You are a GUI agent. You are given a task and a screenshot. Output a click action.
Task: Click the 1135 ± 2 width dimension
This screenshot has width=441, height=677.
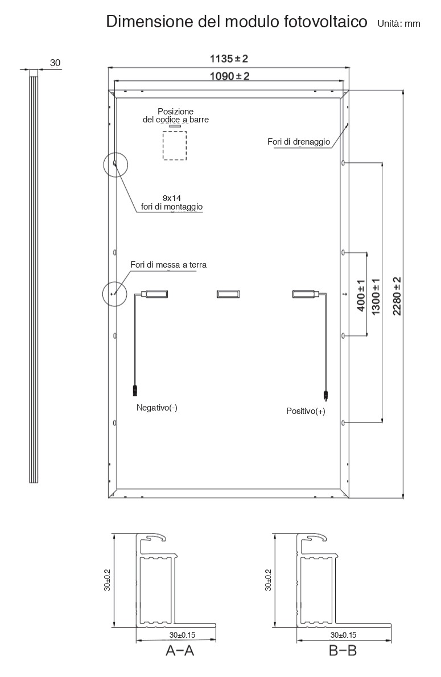click(229, 58)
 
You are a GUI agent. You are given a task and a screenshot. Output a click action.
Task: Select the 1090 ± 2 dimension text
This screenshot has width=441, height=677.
click(229, 76)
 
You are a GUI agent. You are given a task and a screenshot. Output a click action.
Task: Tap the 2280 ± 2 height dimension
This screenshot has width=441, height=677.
click(397, 296)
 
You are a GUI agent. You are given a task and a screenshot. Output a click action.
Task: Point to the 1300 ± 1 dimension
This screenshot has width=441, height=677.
click(376, 297)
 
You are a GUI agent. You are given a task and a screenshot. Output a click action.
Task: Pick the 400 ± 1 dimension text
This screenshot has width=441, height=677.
click(361, 296)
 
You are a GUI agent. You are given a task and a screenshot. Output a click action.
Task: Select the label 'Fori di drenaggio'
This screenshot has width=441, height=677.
click(299, 142)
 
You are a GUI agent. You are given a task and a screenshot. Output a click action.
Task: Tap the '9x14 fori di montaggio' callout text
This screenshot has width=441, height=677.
click(172, 203)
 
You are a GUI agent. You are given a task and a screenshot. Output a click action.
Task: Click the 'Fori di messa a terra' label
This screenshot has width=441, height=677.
click(168, 265)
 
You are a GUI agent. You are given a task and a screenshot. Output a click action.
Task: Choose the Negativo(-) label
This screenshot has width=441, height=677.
click(156, 408)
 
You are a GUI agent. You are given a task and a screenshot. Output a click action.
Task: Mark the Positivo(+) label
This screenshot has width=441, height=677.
click(306, 411)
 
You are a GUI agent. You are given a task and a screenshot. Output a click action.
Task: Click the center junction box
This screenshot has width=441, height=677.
click(228, 294)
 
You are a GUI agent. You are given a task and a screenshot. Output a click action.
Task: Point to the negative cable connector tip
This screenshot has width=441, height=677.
click(135, 391)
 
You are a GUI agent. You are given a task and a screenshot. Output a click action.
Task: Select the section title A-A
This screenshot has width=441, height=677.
click(180, 650)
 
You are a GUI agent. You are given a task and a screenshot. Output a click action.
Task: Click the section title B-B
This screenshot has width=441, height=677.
click(343, 650)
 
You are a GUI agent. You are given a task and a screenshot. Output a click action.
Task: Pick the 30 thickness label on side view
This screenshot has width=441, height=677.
click(55, 63)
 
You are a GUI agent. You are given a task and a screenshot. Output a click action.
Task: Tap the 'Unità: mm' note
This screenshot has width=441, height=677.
click(399, 24)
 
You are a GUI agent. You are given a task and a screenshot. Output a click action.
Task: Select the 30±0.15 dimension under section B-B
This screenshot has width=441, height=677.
click(344, 635)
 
